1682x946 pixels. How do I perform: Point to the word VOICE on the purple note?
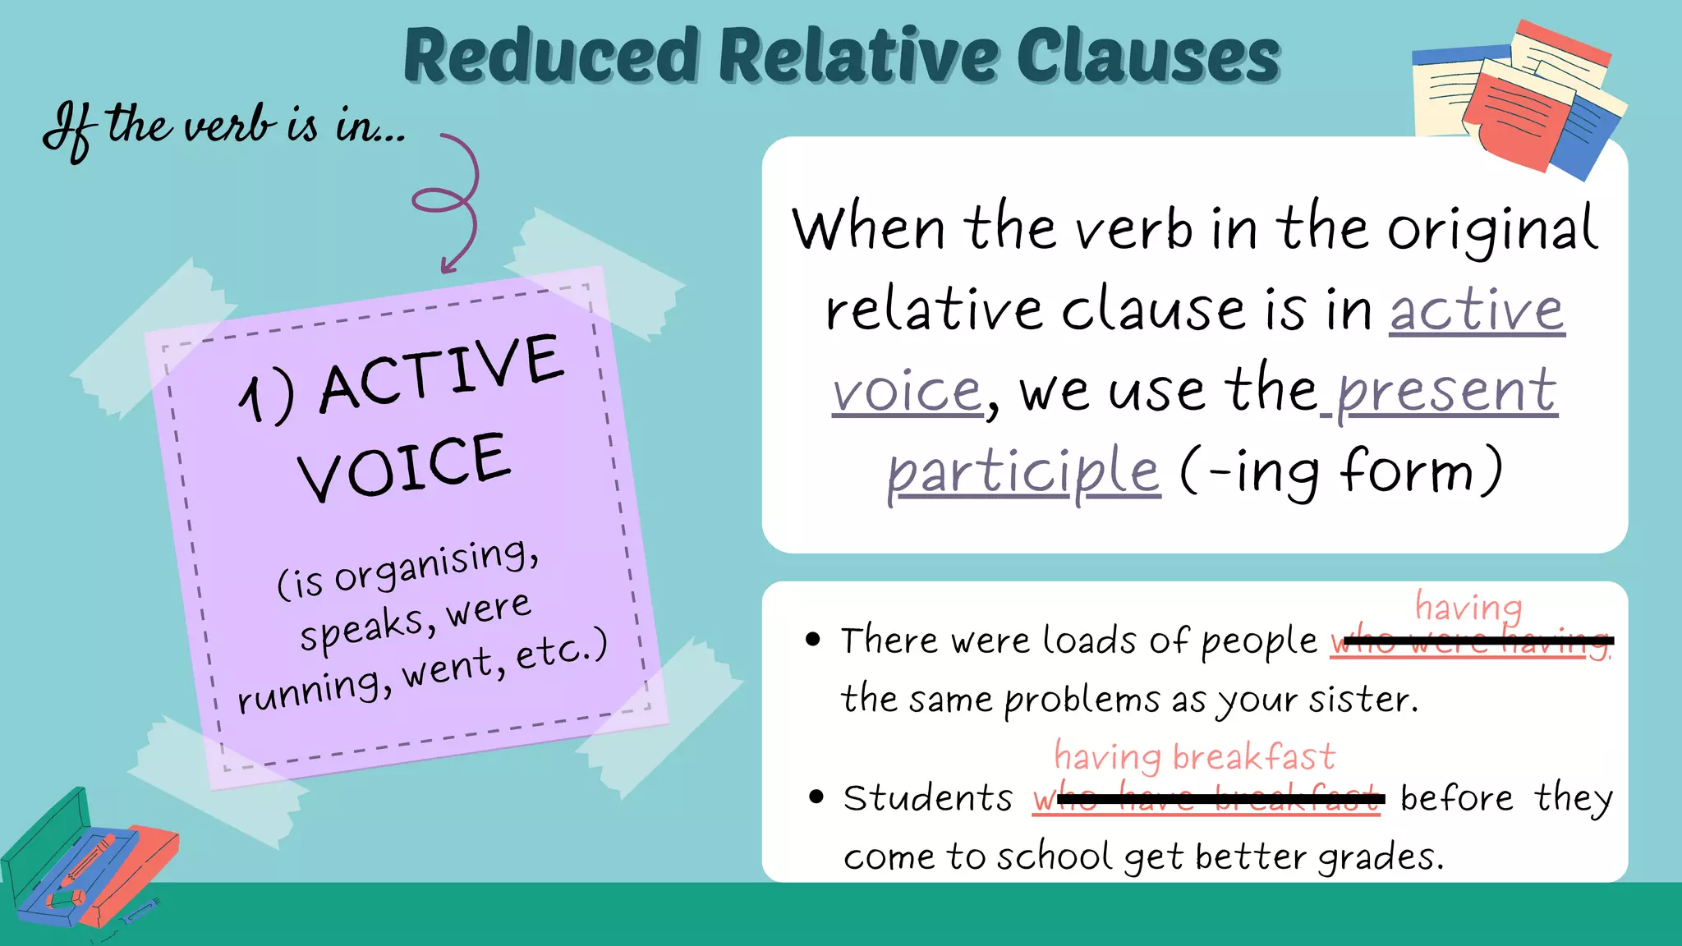[404, 466]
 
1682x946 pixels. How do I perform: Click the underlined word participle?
[1023, 471]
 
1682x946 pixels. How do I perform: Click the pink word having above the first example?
[1468, 608]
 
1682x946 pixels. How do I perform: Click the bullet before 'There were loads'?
[813, 640]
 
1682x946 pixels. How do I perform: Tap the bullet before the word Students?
[816, 797]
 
